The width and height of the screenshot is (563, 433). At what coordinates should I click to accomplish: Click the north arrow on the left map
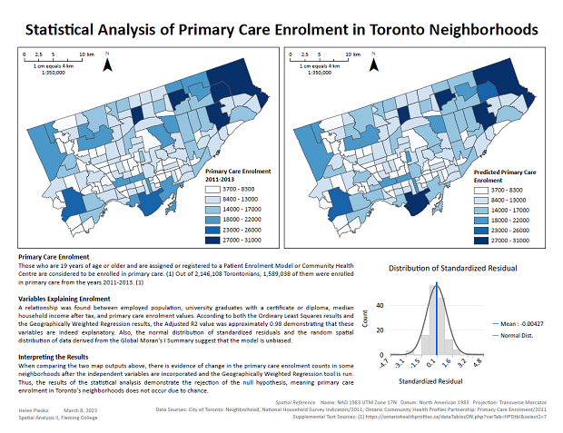pyautogui.click(x=108, y=64)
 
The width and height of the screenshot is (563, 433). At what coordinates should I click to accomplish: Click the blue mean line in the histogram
pyautogui.click(x=436, y=318)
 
